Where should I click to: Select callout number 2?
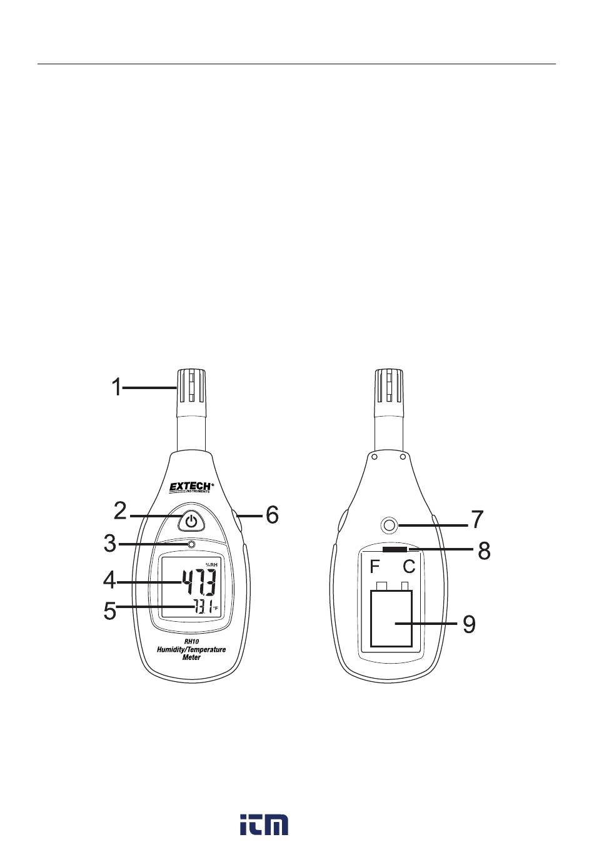click(120, 511)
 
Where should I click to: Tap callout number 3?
click(110, 544)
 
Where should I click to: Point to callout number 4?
click(109, 581)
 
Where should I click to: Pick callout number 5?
click(109, 611)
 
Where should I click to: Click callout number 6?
click(273, 515)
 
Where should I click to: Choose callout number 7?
click(477, 519)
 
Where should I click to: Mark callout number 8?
click(484, 550)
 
